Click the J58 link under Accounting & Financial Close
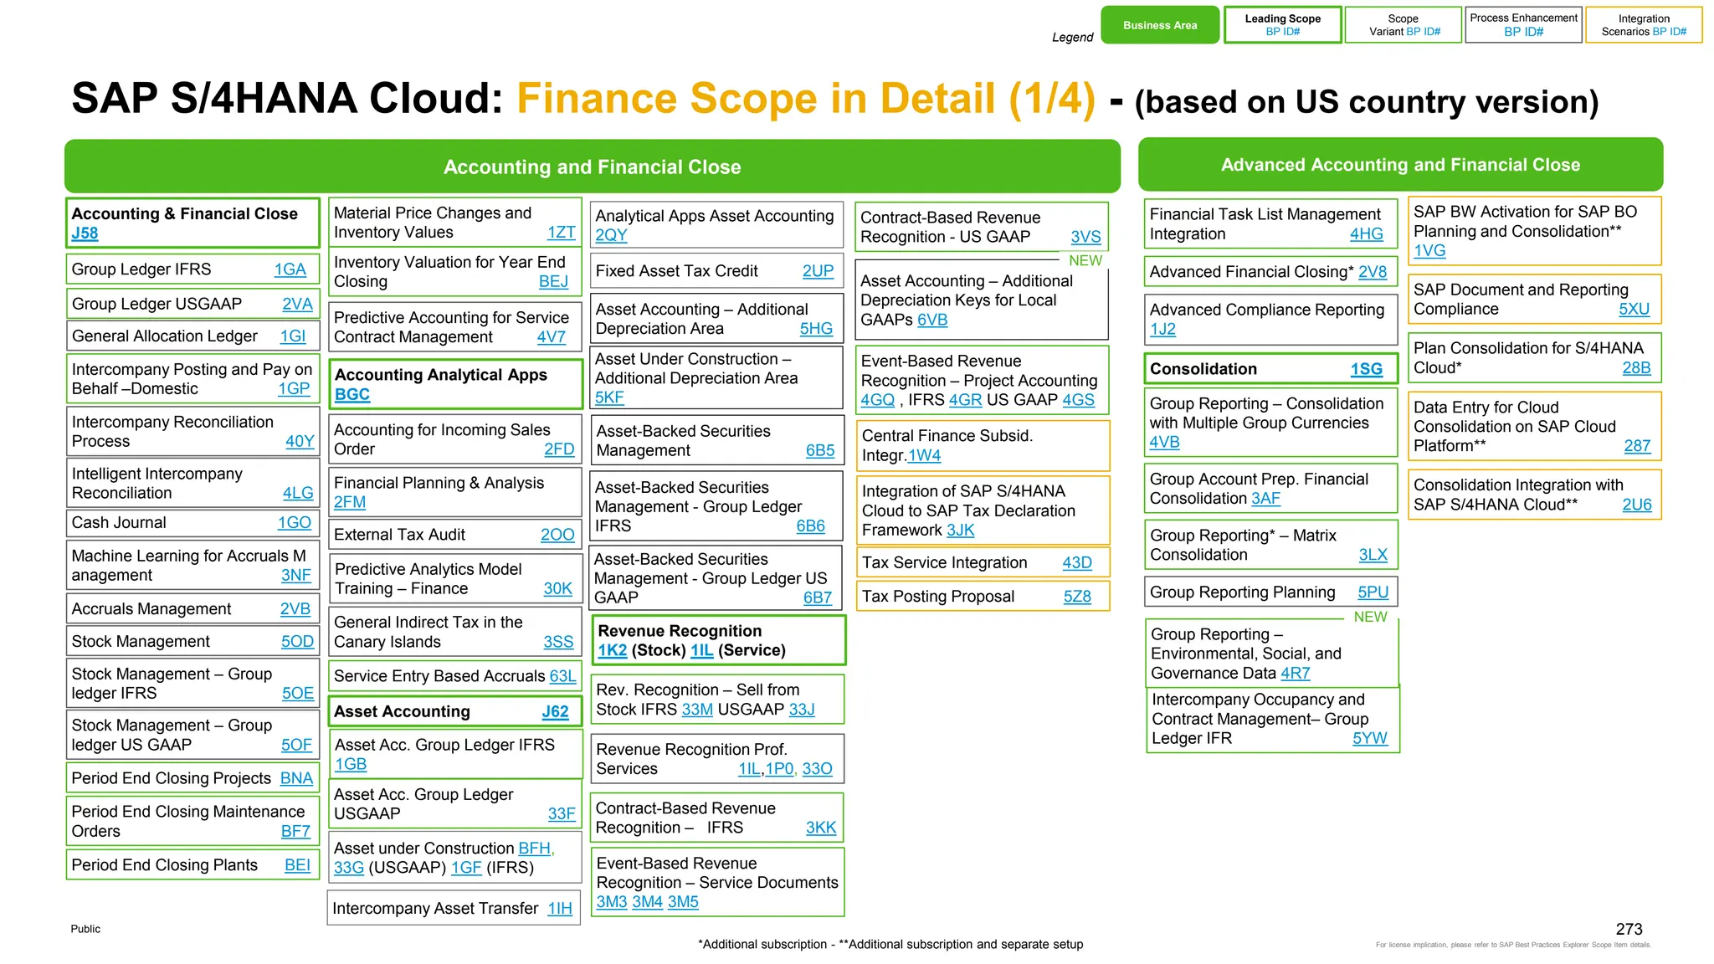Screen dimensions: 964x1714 85,233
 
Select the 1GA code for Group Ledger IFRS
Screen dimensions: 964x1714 290,269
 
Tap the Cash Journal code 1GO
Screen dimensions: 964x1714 294,523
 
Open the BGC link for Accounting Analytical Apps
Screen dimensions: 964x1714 352,394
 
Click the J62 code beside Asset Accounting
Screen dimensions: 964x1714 555,712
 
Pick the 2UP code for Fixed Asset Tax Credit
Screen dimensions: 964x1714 818,271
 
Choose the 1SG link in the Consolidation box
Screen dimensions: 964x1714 1366,369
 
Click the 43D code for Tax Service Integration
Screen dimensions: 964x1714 1076,563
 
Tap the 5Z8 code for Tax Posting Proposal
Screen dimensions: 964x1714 1077,597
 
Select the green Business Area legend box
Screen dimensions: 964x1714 1160,25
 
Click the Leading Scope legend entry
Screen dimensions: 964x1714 1282,25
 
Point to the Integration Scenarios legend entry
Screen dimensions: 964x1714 1644,25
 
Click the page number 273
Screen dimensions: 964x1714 1629,929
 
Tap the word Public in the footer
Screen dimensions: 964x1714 85,929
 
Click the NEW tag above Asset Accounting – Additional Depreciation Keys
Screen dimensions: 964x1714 1085,261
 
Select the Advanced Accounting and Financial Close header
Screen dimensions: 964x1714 1400,165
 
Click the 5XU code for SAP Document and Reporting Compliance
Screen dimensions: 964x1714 1634,309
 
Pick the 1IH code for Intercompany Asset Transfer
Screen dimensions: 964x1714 560,909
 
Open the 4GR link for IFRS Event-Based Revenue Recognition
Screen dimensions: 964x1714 965,400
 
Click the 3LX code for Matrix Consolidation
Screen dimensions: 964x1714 1373,555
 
